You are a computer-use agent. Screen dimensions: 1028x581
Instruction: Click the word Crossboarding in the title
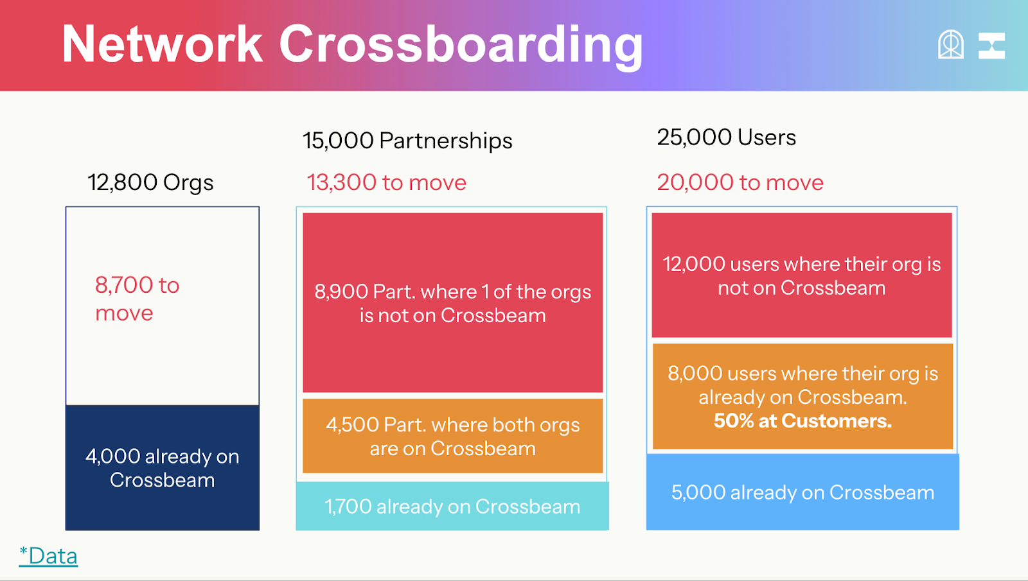click(x=461, y=46)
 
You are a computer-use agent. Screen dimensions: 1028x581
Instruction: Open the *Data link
click(x=48, y=556)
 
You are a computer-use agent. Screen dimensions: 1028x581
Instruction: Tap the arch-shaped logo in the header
click(x=950, y=44)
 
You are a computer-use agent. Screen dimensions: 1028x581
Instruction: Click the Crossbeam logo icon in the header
click(x=991, y=46)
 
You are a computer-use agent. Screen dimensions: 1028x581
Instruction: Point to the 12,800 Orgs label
click(x=150, y=182)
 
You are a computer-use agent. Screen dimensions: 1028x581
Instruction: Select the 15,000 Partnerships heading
click(x=407, y=141)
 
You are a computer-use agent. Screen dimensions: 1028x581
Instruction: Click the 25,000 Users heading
click(x=727, y=137)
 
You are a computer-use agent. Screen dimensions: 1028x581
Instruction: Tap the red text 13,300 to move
click(x=386, y=182)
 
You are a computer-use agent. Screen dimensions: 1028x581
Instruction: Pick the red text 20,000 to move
click(x=740, y=182)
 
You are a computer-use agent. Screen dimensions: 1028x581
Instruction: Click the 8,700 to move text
click(x=137, y=299)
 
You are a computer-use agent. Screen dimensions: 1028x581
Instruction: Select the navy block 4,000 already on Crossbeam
click(x=163, y=468)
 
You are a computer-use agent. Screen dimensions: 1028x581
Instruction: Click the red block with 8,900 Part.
click(x=453, y=302)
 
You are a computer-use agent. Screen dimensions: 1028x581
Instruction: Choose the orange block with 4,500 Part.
click(x=453, y=436)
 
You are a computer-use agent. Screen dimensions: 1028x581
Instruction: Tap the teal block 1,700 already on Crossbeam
click(x=452, y=507)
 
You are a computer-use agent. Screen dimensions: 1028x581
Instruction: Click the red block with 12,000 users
click(x=802, y=275)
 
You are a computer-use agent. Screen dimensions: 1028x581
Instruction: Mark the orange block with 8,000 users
click(x=802, y=396)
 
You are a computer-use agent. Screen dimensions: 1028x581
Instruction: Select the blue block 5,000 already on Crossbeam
click(x=802, y=492)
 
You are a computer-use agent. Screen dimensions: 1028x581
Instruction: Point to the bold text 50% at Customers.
click(x=802, y=421)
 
